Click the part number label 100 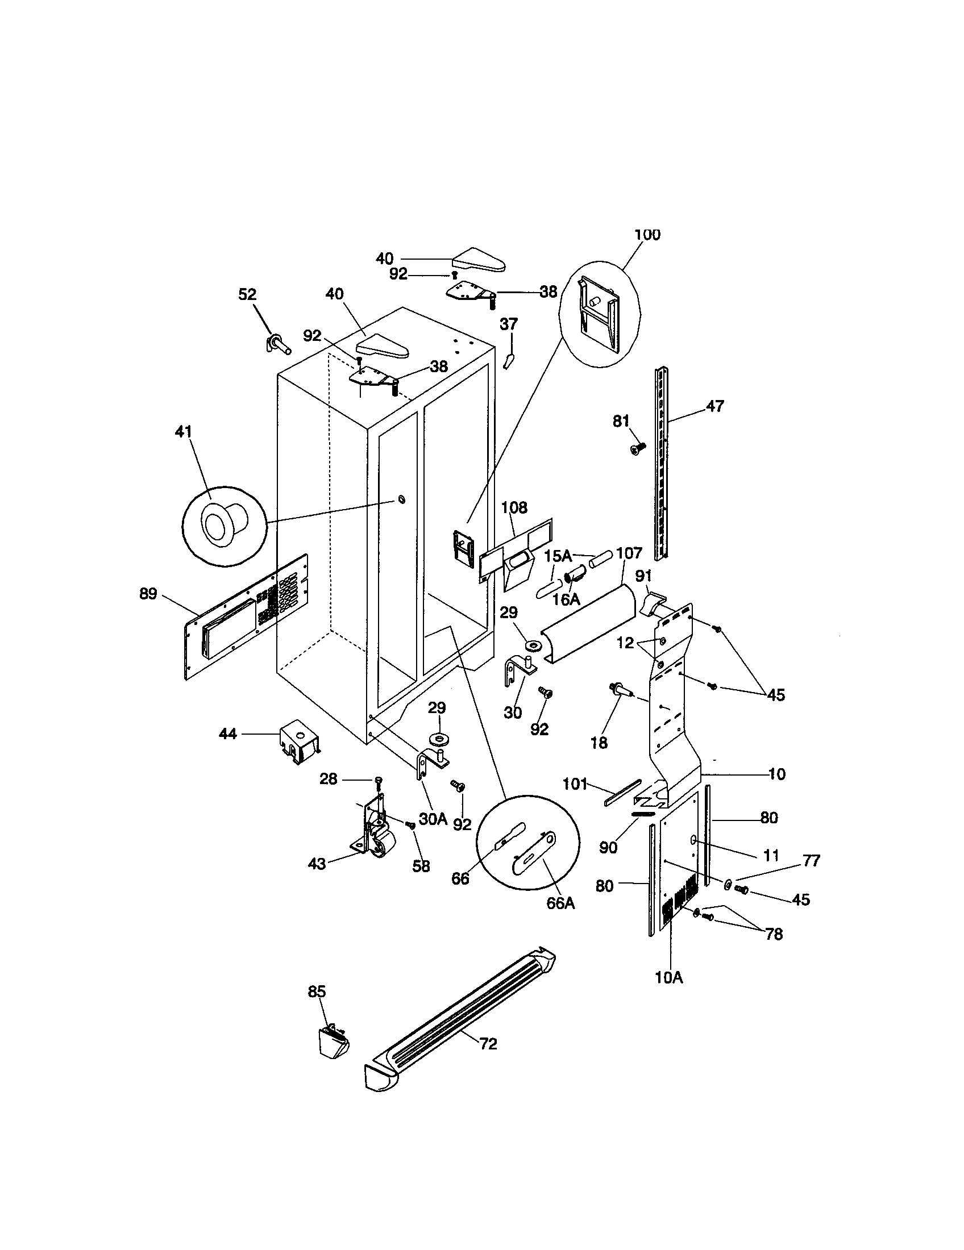click(x=647, y=235)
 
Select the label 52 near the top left click(x=247, y=294)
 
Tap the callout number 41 click(x=183, y=432)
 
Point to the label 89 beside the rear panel click(x=148, y=594)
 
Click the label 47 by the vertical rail click(x=715, y=406)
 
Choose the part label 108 click(x=514, y=507)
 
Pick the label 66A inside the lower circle click(x=560, y=903)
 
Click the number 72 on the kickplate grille click(x=488, y=1044)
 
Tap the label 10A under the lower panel click(x=669, y=978)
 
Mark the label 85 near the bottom click(x=317, y=991)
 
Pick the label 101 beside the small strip click(x=575, y=784)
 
